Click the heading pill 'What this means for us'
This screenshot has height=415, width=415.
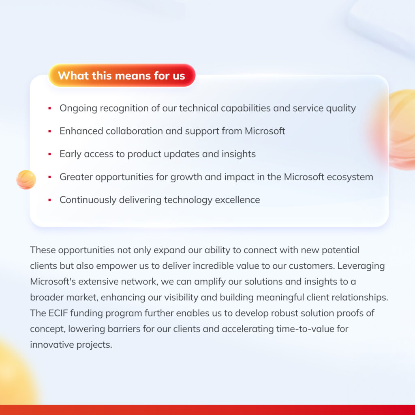coord(122,75)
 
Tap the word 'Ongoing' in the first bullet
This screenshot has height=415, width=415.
coord(78,109)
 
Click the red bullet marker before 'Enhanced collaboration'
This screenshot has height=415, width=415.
coord(49,131)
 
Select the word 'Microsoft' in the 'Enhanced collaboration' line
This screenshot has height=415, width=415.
coord(265,131)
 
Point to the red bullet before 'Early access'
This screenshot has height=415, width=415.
coord(49,154)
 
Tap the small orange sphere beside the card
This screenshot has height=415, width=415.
coord(26,180)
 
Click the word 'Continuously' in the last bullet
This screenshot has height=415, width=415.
coord(88,200)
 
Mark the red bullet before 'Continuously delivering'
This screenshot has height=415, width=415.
coord(49,200)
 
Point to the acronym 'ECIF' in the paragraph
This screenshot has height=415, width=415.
coord(58,313)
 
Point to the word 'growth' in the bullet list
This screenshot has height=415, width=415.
coord(186,177)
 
